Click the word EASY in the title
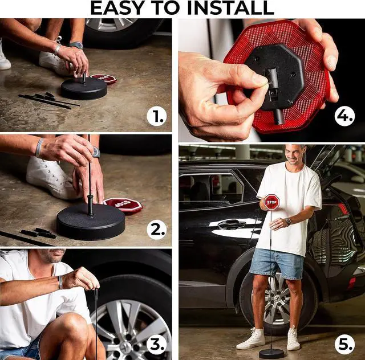117,8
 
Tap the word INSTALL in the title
230,8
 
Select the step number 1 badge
157,117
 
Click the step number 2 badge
157,230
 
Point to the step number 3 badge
157,345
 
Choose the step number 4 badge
344,116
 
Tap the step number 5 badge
344,345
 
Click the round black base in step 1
84,89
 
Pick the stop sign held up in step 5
271,202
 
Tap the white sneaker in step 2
52,177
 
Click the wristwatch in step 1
76,45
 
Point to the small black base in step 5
271,354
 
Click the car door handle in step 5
232,224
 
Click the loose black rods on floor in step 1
49,100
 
